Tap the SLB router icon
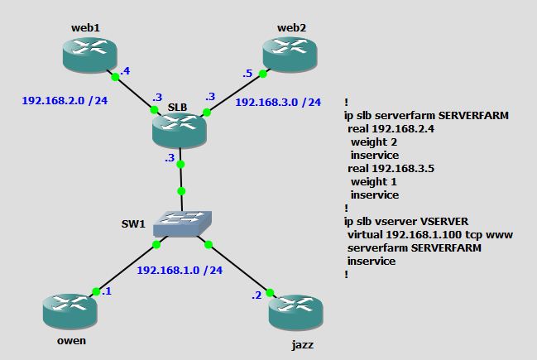[180, 129]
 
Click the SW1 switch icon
[183, 222]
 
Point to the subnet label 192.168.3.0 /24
[278, 103]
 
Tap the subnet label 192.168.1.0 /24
[180, 271]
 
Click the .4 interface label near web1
[124, 72]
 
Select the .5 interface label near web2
[247, 74]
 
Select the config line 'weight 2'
[375, 142]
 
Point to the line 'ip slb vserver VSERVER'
[406, 221]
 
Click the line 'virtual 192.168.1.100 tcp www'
[430, 235]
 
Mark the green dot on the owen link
[96, 291]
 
